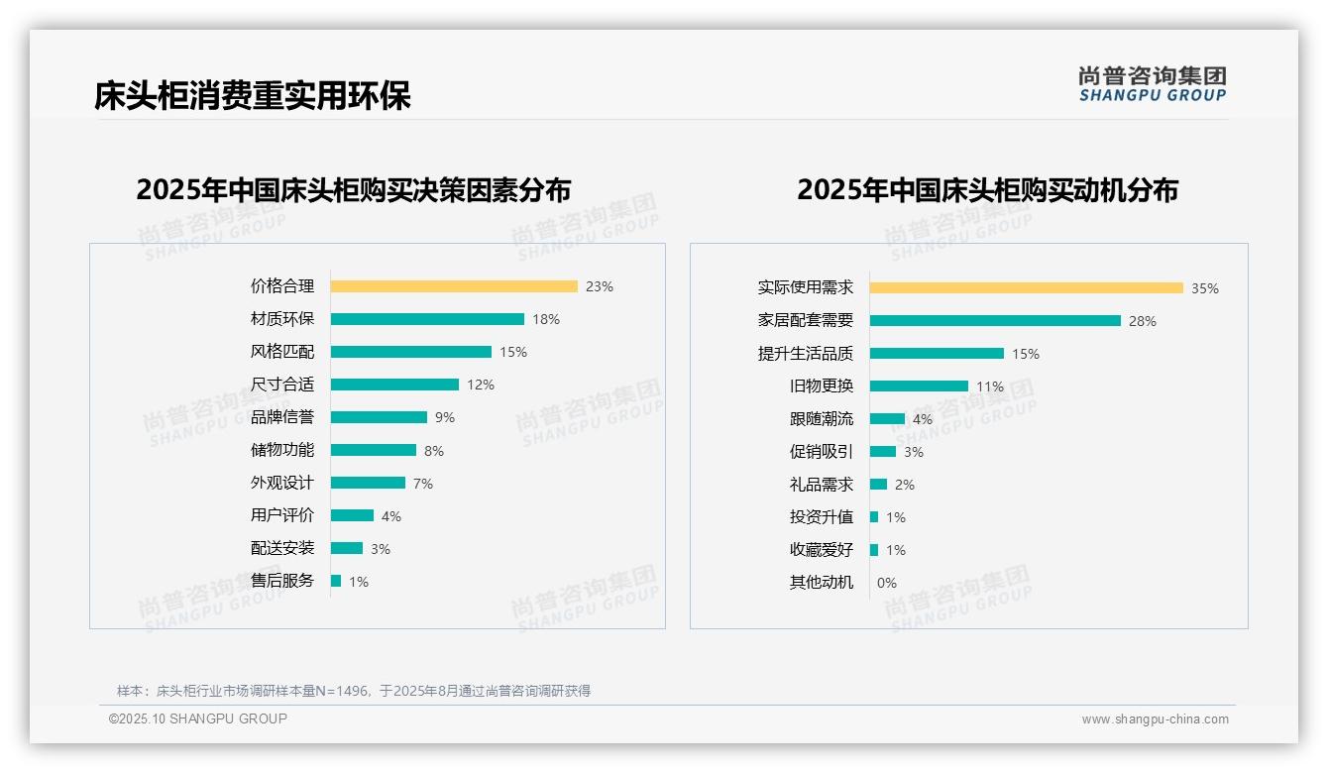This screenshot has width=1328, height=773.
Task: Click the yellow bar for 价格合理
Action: (x=454, y=286)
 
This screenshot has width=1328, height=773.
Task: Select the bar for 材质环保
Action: (x=427, y=319)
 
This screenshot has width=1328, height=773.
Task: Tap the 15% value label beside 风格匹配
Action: (x=513, y=352)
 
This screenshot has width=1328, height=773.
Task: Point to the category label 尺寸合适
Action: (x=282, y=385)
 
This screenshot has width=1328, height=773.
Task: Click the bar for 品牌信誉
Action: (x=379, y=417)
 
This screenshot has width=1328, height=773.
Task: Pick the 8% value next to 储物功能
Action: (x=434, y=451)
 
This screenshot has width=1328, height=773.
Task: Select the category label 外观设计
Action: (x=282, y=483)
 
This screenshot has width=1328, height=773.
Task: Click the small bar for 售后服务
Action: (x=336, y=581)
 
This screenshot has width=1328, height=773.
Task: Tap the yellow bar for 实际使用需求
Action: (x=1026, y=288)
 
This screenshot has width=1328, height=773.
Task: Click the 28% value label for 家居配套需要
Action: (x=1143, y=321)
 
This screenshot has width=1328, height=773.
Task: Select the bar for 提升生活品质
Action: (x=937, y=354)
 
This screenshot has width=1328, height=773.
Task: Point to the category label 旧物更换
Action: (x=822, y=386)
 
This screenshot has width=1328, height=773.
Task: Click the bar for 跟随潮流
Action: (x=887, y=419)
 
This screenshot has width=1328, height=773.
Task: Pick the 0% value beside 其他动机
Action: (x=887, y=583)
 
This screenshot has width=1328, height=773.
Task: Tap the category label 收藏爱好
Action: (x=822, y=550)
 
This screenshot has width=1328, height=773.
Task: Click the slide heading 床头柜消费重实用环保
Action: (x=253, y=95)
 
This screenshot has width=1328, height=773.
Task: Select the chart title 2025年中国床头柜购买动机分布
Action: (x=987, y=189)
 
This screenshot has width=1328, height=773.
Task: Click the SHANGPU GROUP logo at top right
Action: (x=1153, y=84)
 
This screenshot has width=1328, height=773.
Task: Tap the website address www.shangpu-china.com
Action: (x=1155, y=719)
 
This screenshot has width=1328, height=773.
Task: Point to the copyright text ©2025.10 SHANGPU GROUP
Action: (x=198, y=718)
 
